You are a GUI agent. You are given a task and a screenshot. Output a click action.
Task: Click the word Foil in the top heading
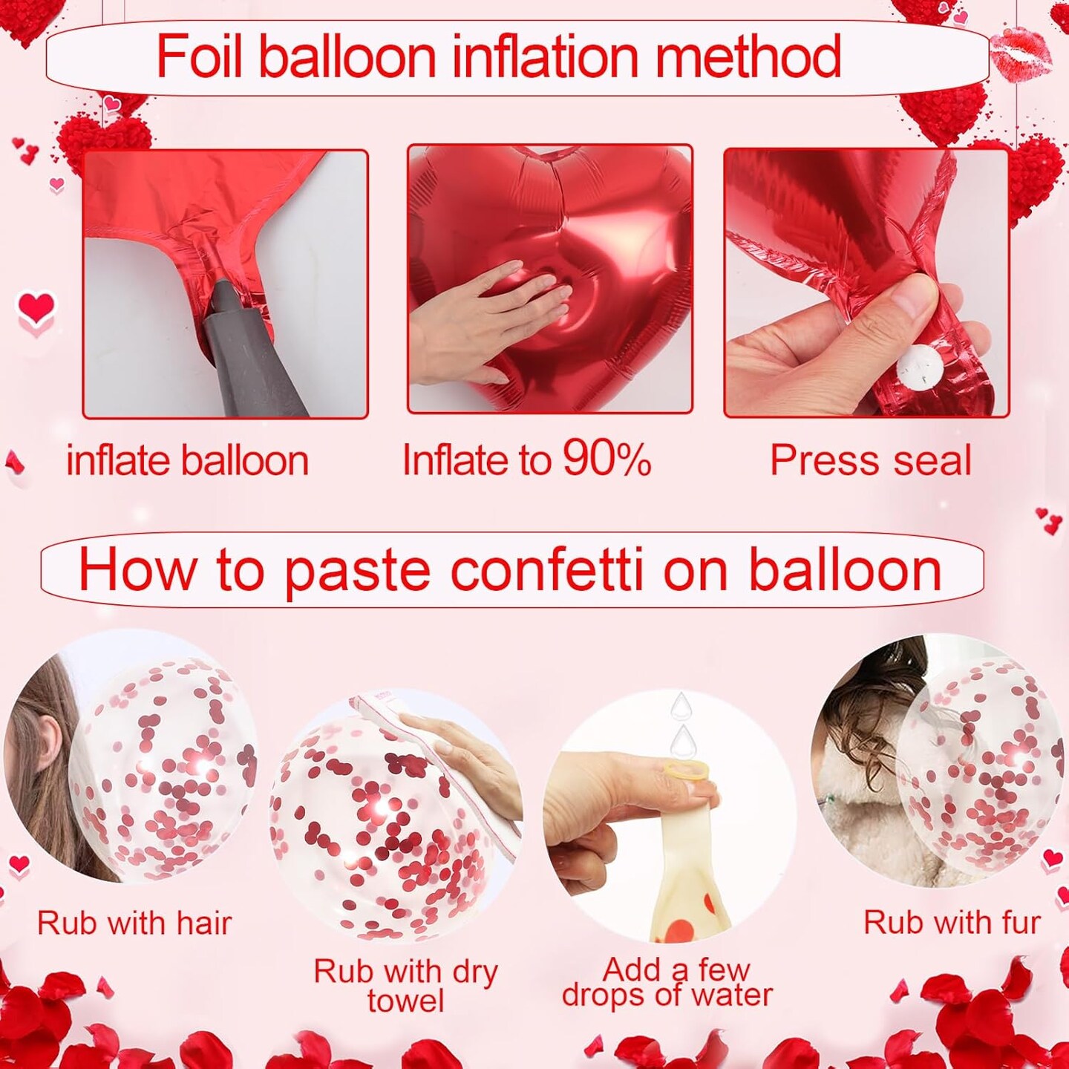pyautogui.click(x=199, y=57)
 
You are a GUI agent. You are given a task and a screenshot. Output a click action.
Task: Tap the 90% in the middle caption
pyautogui.click(x=607, y=460)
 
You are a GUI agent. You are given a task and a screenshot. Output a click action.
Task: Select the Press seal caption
pyautogui.click(x=870, y=461)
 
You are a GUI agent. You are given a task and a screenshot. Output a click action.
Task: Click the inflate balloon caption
pyautogui.click(x=187, y=461)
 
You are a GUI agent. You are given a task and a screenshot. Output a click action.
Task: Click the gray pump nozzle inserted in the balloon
pyautogui.click(x=249, y=349)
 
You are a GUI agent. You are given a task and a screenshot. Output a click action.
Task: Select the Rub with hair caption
pyautogui.click(x=134, y=923)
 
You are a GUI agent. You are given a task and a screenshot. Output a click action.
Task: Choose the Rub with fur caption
pyautogui.click(x=952, y=923)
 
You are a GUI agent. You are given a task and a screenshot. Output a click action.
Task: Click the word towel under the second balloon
pyautogui.click(x=405, y=1001)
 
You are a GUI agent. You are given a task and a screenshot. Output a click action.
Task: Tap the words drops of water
pyautogui.click(x=667, y=996)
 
